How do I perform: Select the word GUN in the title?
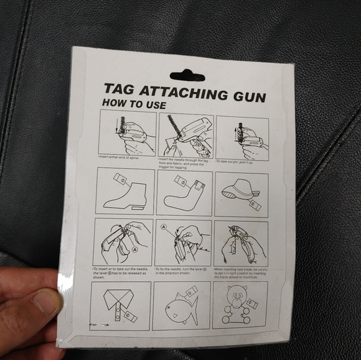coord(248,96)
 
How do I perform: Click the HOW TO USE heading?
coord(133,104)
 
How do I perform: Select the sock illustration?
coord(184,194)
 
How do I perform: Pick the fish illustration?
coord(180,306)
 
